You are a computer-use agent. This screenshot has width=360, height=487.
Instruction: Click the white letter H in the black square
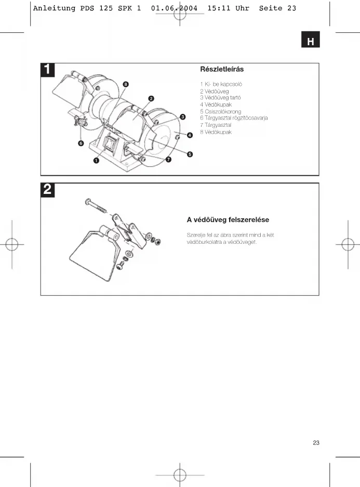pos(311,42)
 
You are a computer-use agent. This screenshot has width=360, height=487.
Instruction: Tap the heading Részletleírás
pos(222,69)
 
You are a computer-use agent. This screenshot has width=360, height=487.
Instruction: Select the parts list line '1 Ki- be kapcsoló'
pos(221,84)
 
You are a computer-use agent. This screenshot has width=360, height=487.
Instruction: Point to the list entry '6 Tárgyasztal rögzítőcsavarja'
pos(234,118)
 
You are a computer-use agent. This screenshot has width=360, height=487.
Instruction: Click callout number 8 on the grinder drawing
pos(126,84)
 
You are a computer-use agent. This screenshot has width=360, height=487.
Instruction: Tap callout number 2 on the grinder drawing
pos(151,98)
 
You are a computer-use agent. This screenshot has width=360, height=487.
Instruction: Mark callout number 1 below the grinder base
pos(97,161)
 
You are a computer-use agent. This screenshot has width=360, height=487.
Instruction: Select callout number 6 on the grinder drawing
pos(81,143)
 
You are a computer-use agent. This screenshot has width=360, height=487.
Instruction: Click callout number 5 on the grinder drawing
pos(190,154)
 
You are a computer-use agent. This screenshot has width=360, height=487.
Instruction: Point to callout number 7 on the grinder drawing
pos(169,160)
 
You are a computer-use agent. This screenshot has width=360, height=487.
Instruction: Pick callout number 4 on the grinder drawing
pos(190,135)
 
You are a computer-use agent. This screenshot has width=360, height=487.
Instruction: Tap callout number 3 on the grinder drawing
pos(183,117)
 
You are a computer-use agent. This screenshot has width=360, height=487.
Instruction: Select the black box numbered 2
pos(47,190)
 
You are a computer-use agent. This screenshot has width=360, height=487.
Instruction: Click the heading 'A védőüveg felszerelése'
pos(228,220)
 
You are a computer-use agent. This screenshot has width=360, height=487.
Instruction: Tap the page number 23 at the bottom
pos(316,443)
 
